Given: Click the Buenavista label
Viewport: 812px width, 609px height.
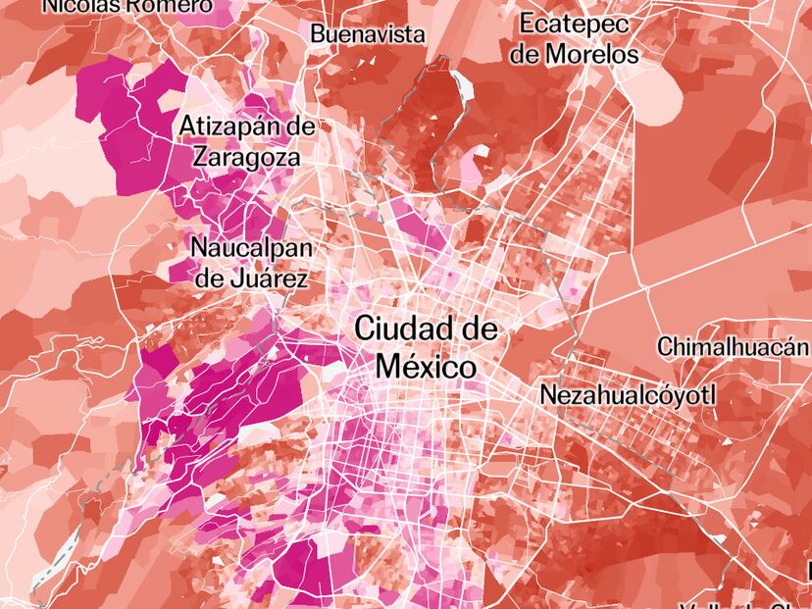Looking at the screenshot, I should click(368, 34).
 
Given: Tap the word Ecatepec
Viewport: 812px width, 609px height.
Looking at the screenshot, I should click(575, 24).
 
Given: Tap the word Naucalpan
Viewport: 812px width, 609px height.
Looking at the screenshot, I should click(250, 247).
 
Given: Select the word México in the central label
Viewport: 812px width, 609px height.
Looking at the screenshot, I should click(427, 367).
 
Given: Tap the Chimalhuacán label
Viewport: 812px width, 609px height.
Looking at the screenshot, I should click(733, 346).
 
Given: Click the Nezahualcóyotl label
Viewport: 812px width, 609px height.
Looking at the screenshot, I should click(629, 395).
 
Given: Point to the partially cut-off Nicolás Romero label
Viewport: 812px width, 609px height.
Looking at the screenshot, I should click(127, 6).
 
